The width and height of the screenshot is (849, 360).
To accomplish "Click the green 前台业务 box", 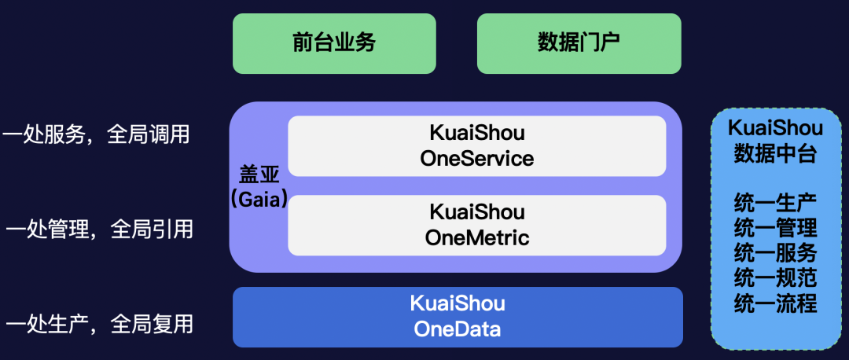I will (334, 43).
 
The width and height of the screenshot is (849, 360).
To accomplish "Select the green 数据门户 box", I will (579, 43).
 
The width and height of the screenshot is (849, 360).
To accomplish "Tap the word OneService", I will (477, 159).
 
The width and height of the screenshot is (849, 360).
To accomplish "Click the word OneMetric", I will (477, 237).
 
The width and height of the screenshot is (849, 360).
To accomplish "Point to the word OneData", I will (458, 329).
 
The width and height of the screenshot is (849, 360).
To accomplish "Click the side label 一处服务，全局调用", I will (96, 134).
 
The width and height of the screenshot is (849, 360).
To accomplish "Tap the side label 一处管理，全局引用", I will (98, 230).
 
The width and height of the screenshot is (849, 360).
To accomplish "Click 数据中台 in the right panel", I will (775, 152).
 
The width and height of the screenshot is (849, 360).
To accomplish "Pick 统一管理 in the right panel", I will (775, 227).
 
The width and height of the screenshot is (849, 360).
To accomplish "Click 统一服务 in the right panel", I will (775, 252).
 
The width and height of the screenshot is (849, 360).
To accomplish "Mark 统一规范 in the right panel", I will (775, 277).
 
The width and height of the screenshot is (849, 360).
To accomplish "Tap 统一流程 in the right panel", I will (775, 303).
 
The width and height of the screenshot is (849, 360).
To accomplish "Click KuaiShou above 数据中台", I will (775, 128).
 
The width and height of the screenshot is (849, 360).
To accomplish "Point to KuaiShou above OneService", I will (477, 133).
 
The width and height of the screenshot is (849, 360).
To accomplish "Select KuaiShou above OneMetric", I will (477, 211).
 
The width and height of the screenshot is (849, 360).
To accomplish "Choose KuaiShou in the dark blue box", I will (458, 303).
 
